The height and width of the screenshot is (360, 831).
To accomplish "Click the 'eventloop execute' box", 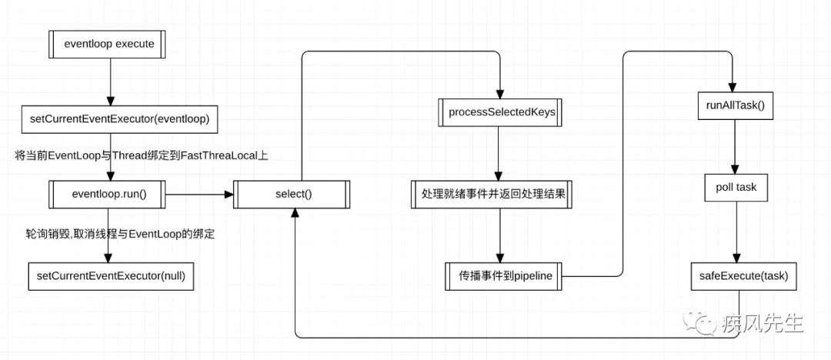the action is click(108, 44).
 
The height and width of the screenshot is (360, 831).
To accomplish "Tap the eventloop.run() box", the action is click(108, 195).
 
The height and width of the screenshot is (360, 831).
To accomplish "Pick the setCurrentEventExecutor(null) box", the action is click(111, 276).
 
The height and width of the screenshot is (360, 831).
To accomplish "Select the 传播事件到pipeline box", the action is click(503, 276).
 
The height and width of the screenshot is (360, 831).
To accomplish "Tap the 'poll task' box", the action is click(736, 188).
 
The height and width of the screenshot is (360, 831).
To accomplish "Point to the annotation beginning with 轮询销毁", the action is click(120, 235).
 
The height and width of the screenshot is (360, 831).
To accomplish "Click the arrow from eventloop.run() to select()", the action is click(200, 195).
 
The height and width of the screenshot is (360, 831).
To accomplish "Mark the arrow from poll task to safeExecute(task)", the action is click(735, 232).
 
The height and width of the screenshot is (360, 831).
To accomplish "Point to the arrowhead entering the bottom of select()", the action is click(295, 213).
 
